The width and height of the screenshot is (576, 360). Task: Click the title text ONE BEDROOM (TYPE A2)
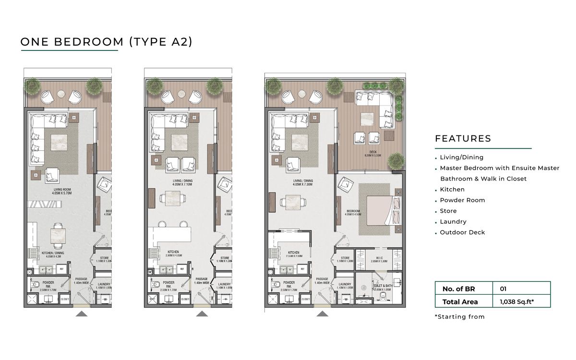click(x=106, y=42)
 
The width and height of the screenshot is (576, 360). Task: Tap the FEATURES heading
click(x=463, y=139)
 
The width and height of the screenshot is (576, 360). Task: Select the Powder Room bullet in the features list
click(x=462, y=200)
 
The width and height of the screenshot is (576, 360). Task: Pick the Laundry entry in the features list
click(x=453, y=222)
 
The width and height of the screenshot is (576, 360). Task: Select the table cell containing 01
click(x=503, y=289)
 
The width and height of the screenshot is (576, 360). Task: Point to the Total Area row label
click(x=460, y=302)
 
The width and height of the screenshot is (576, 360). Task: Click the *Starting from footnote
click(x=459, y=317)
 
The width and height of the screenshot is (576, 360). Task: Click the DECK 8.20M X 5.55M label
click(x=372, y=154)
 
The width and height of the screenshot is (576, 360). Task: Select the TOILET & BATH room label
click(x=382, y=288)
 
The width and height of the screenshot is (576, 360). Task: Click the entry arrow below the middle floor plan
click(x=202, y=314)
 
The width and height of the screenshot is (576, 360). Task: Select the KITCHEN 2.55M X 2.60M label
click(x=294, y=254)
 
